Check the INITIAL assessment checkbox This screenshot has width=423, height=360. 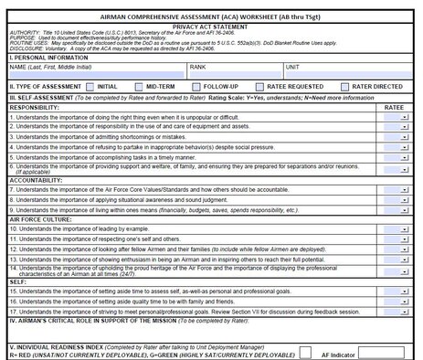(90, 87)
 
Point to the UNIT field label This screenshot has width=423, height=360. (292, 67)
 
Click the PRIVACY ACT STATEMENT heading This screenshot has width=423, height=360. (211, 27)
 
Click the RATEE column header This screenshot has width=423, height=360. (395, 107)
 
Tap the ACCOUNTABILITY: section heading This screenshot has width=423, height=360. (37, 180)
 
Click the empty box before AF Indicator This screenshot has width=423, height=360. (306, 353)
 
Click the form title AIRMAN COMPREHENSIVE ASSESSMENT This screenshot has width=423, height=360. (211, 16)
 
